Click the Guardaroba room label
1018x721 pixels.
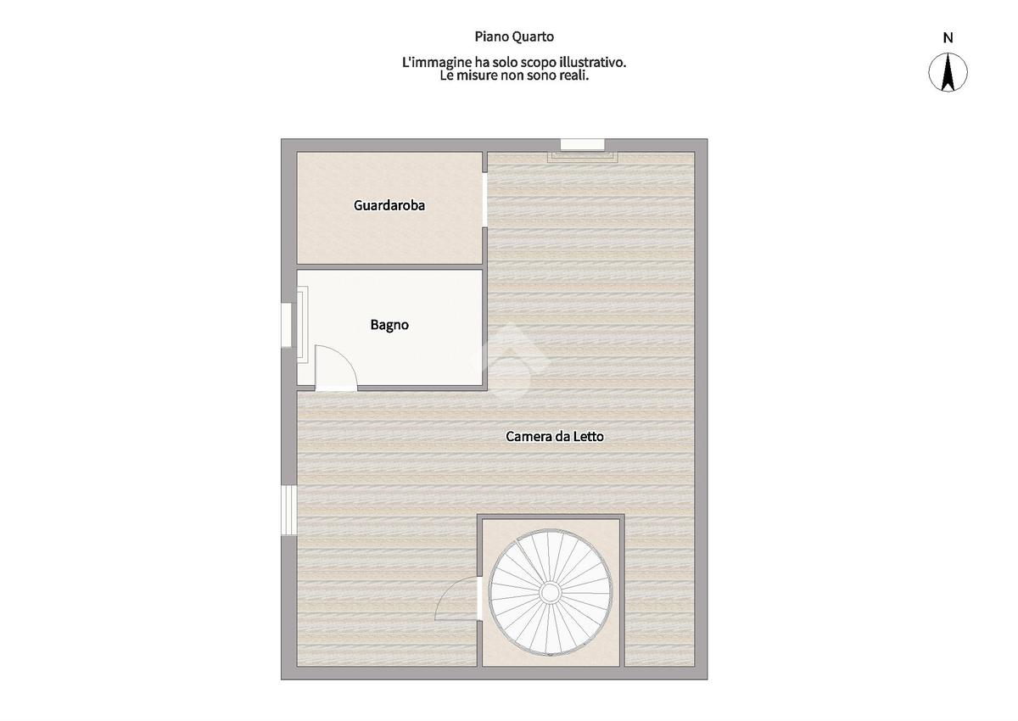tap(389, 205)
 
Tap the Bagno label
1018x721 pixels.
tap(389, 325)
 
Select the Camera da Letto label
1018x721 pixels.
tap(555, 437)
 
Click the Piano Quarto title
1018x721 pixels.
tap(514, 36)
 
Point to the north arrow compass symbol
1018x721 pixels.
tap(948, 72)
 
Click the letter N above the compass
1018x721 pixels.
tap(948, 38)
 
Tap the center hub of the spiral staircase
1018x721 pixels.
tap(550, 591)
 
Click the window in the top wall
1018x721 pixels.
tap(582, 145)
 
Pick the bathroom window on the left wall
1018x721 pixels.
tap(287, 325)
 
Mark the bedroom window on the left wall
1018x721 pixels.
tap(288, 510)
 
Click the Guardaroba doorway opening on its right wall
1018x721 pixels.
tap(484, 200)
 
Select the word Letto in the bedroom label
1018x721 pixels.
tap(589, 437)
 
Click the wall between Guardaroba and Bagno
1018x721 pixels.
tap(389, 266)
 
